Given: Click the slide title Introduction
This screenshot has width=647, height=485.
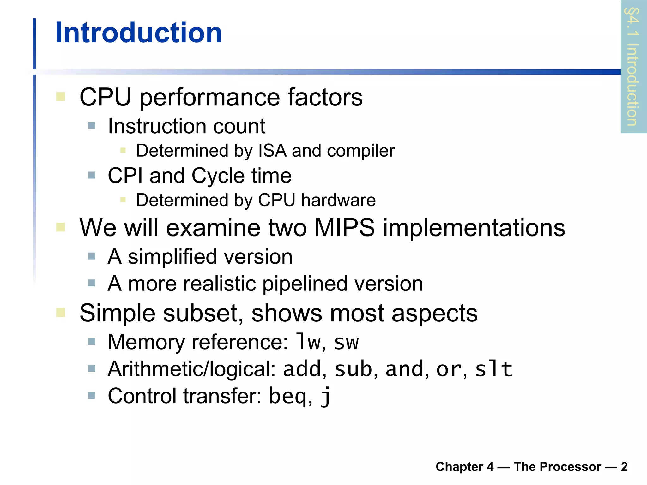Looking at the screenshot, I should click(138, 33).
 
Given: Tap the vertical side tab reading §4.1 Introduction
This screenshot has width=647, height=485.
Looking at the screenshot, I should click(633, 67).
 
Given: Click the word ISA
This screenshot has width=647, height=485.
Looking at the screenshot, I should click(273, 151).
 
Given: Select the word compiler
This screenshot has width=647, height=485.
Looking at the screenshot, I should click(361, 151).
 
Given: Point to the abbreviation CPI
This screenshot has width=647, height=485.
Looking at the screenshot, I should click(125, 176).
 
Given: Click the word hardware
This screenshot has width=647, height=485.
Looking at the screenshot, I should click(338, 200).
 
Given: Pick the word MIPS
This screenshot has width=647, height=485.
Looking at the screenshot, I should click(345, 227).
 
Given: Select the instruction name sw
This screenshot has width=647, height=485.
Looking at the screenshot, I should click(346, 342).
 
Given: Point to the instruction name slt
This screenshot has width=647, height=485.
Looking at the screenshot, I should click(493, 369).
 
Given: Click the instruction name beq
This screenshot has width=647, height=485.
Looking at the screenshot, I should click(287, 396).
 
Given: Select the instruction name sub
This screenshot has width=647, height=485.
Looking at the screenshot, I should click(353, 369).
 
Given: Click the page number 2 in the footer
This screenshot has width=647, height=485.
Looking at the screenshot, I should click(624, 467).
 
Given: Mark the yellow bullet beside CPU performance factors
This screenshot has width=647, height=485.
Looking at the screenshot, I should click(61, 97).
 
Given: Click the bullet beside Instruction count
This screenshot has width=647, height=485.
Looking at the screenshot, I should click(92, 126).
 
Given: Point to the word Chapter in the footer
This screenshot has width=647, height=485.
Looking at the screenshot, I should click(460, 467).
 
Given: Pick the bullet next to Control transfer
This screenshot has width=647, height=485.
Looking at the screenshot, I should click(92, 396).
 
